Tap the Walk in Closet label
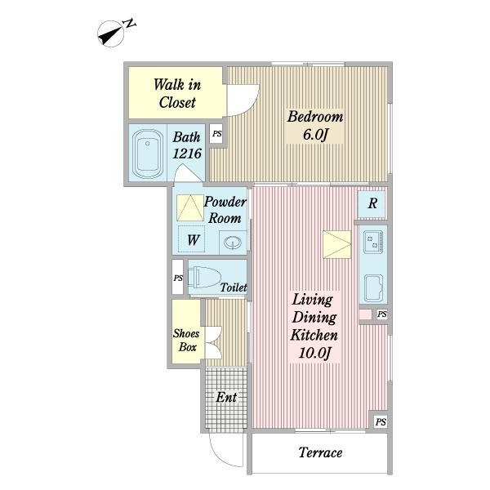point(177,93)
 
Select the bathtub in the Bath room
point(148,154)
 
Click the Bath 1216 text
point(187,145)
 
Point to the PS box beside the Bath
point(216,134)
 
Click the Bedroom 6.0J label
point(315,125)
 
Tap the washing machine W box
point(191,239)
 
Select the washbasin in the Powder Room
point(233,243)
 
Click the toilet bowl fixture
point(205,277)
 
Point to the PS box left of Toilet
point(178,277)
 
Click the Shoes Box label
point(186,341)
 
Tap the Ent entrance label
point(226,398)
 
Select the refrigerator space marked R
point(372,204)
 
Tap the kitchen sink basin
point(374,288)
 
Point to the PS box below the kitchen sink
point(382,314)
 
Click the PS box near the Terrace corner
point(381,422)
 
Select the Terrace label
point(320,452)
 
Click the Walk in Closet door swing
point(243,100)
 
